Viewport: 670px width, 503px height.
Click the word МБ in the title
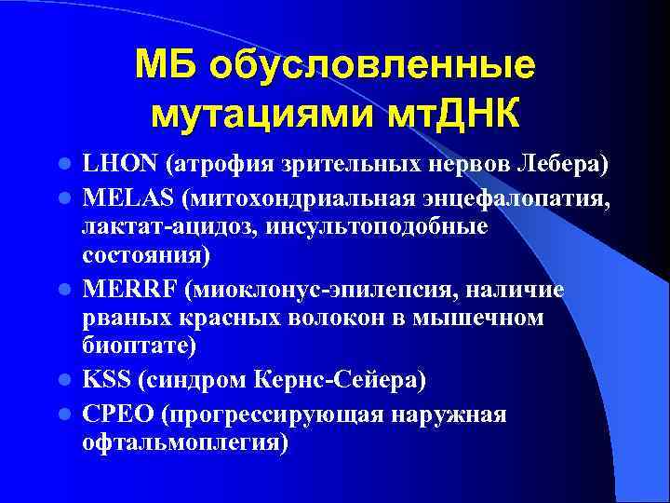(x=168, y=66)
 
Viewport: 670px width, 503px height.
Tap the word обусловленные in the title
(x=372, y=66)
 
